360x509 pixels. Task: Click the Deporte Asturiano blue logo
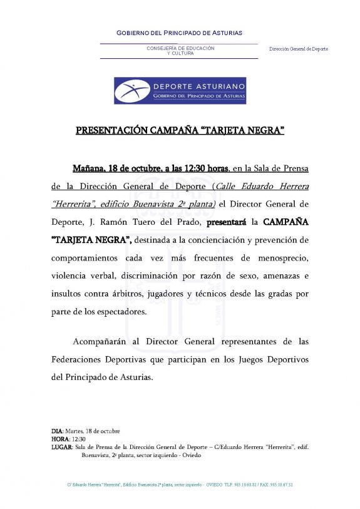point(180,90)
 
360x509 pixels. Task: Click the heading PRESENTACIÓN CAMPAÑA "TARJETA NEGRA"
point(180,131)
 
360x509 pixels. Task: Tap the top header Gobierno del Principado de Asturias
point(180,33)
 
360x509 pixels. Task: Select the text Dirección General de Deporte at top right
point(299,49)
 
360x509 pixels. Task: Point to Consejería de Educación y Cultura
point(180,51)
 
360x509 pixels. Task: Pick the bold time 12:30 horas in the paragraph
point(208,168)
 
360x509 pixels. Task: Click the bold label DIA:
point(58,431)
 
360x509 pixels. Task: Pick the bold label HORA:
point(61,439)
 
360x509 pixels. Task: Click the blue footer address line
point(180,485)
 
